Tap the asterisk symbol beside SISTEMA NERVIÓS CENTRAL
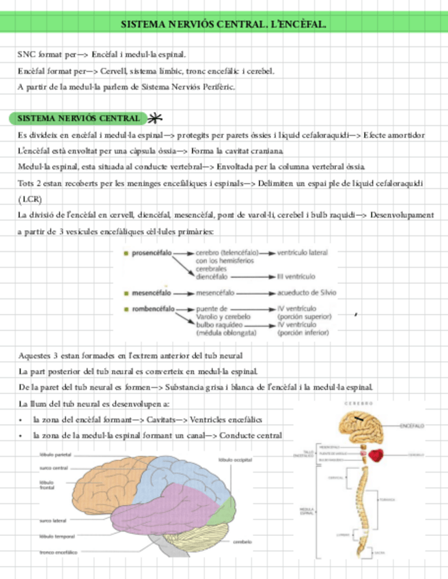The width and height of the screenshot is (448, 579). [155, 118]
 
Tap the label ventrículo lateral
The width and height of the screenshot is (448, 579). [303, 253]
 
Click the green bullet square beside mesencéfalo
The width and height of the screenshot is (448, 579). [126, 293]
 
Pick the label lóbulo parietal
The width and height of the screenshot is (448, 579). [55, 454]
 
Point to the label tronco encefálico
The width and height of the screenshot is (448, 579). [58, 552]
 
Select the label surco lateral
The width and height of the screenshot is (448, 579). [53, 520]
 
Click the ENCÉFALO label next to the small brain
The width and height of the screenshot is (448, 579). [410, 425]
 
